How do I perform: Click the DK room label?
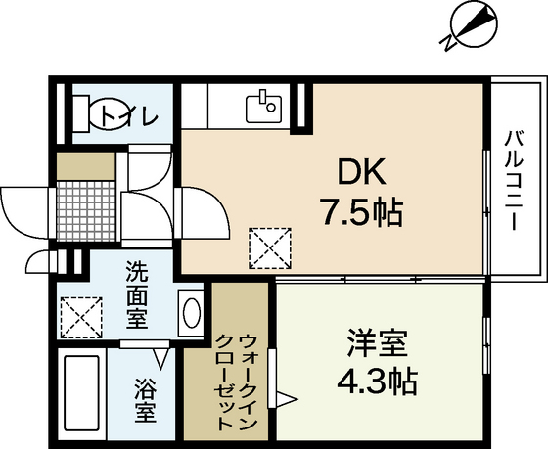pyautogui.click(x=358, y=173)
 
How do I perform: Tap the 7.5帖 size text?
pyautogui.click(x=358, y=211)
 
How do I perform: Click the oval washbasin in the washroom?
pyautogui.click(x=192, y=315)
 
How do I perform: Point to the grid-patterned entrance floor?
pyautogui.click(x=85, y=205)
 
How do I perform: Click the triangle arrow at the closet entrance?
pyautogui.click(x=287, y=397)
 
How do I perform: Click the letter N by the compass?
pyautogui.click(x=449, y=42)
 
